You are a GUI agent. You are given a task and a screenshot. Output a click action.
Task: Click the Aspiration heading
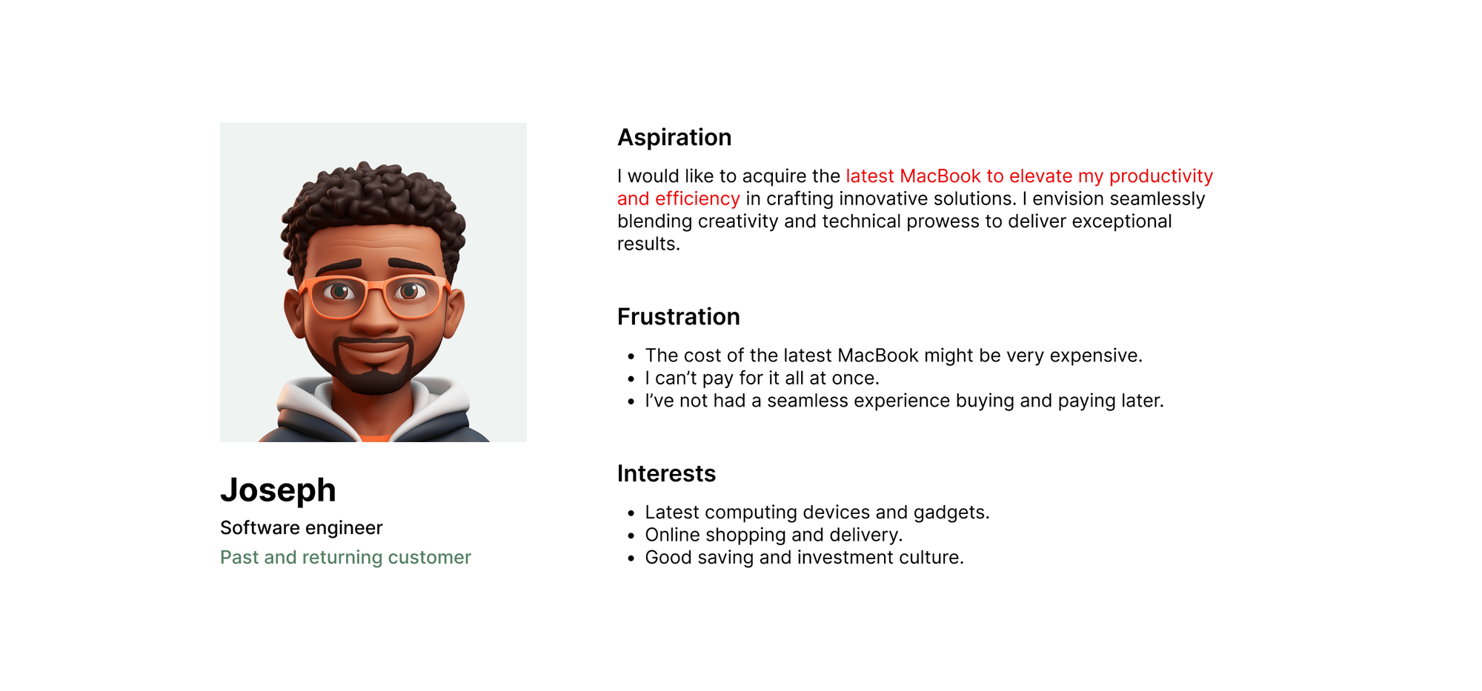click(x=674, y=138)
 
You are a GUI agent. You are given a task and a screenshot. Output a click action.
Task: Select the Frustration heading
click(x=679, y=317)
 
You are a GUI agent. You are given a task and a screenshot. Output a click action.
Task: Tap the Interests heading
click(x=667, y=474)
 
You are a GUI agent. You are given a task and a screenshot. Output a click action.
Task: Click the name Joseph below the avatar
click(x=278, y=490)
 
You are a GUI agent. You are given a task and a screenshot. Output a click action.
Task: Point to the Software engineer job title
click(x=302, y=528)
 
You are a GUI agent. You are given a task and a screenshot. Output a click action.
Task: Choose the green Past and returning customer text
click(x=345, y=557)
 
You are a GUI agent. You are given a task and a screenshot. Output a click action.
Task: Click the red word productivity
click(x=1161, y=177)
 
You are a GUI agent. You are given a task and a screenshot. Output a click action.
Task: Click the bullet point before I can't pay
click(x=631, y=379)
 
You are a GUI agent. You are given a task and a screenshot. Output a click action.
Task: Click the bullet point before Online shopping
click(x=631, y=536)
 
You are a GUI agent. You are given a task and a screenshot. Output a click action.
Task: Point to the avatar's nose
click(x=375, y=318)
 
